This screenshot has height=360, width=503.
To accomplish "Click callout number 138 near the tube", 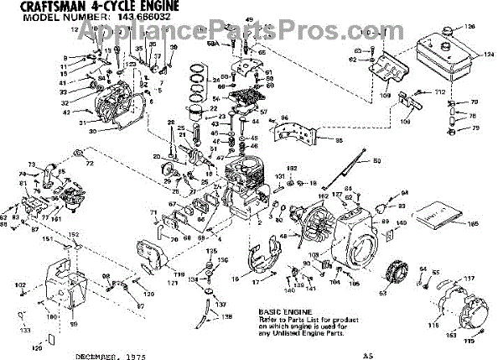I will pos(229,316).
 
